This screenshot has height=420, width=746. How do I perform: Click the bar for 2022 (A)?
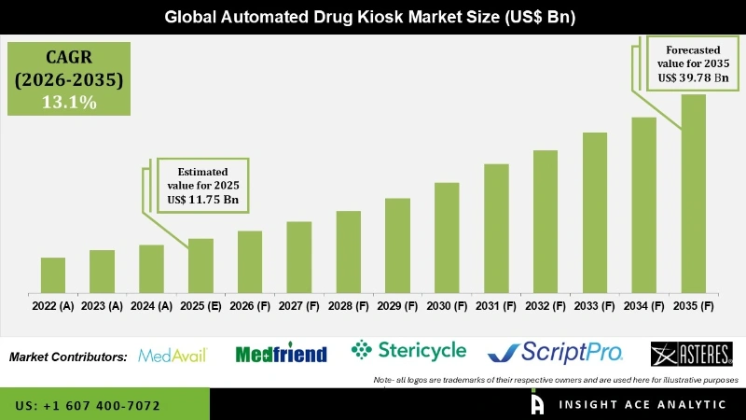click(x=53, y=274)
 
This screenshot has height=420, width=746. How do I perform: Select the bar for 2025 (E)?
click(x=200, y=265)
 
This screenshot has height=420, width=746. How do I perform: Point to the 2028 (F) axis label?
click(x=349, y=305)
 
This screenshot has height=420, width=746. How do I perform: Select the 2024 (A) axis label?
click(x=151, y=305)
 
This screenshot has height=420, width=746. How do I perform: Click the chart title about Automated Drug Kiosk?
click(x=373, y=17)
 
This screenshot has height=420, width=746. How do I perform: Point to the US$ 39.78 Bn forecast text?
click(x=693, y=78)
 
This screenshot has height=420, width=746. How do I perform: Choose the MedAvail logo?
click(x=172, y=355)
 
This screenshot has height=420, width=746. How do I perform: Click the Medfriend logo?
click(x=281, y=354)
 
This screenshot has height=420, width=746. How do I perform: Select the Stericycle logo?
click(x=408, y=351)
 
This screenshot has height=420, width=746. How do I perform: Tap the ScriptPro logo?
click(x=556, y=352)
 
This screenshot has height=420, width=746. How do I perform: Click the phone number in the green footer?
click(x=88, y=406)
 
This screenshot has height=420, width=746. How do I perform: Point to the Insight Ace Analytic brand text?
click(x=641, y=404)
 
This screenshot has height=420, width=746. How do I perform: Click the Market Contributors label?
click(x=68, y=357)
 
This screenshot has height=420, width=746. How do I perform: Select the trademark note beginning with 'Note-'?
click(x=556, y=380)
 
